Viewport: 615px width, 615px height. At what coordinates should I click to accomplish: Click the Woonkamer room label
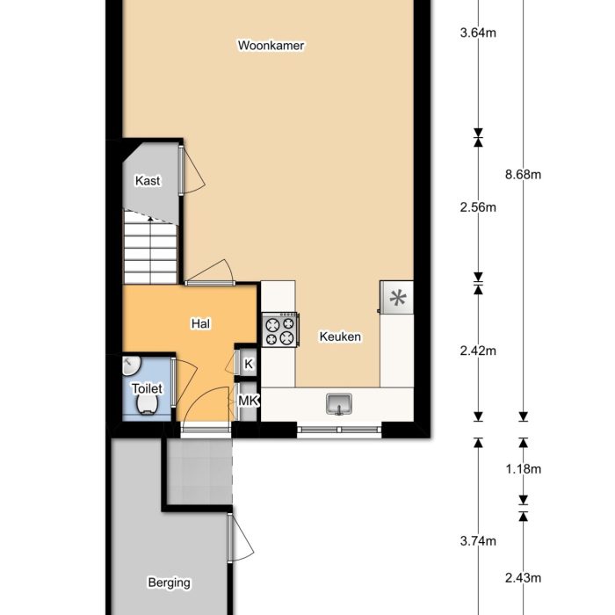pyautogui.click(x=271, y=46)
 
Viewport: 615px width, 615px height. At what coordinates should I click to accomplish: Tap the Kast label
pyautogui.click(x=148, y=181)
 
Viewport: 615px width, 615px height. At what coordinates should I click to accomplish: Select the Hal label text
pyautogui.click(x=200, y=323)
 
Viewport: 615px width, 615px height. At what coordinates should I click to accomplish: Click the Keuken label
pyautogui.click(x=340, y=336)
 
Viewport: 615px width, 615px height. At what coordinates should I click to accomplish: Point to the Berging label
pyautogui.click(x=169, y=582)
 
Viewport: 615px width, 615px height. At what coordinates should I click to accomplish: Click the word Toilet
pyautogui.click(x=147, y=387)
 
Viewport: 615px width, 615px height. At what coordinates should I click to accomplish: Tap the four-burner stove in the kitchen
pyautogui.click(x=280, y=331)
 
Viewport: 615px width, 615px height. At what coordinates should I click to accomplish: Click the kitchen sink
pyautogui.click(x=339, y=403)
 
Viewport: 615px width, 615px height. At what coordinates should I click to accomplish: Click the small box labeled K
pyautogui.click(x=248, y=364)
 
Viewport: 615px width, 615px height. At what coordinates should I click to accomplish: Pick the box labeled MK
pyautogui.click(x=248, y=401)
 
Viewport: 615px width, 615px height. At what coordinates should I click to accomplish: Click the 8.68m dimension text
pyautogui.click(x=523, y=174)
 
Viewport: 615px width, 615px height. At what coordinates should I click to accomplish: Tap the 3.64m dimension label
pyautogui.click(x=478, y=35)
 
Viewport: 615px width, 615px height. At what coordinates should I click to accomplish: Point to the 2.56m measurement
pyautogui.click(x=478, y=208)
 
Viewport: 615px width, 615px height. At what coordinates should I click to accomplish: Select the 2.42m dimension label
pyautogui.click(x=478, y=351)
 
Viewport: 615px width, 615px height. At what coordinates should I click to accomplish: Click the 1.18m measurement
pyautogui.click(x=523, y=468)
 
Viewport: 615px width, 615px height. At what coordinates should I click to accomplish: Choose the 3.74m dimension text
pyautogui.click(x=478, y=541)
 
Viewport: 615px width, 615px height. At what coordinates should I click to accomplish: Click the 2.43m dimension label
pyautogui.click(x=523, y=577)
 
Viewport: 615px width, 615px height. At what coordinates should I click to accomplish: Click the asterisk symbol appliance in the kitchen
pyautogui.click(x=396, y=297)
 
